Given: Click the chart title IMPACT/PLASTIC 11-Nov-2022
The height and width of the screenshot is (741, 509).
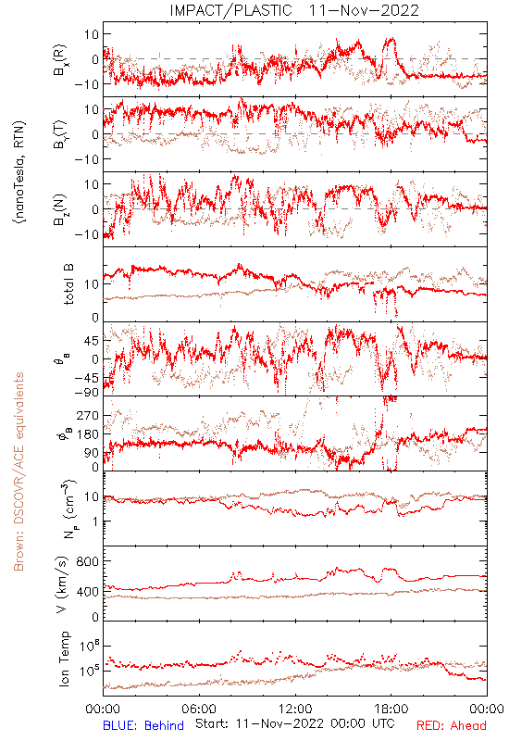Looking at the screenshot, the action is coord(294,10).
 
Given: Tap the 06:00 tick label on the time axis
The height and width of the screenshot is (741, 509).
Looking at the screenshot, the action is coord(199,709).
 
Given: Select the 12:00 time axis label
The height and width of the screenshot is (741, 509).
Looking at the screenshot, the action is coord(295,709).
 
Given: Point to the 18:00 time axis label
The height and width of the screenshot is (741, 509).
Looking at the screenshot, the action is coord(391,709).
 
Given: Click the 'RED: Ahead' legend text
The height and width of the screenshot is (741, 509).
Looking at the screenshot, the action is coord(451,725).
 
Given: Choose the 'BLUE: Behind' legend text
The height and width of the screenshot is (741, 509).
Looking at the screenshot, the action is coord(143,725).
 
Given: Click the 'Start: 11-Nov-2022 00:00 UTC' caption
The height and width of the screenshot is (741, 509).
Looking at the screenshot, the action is coord(295,723).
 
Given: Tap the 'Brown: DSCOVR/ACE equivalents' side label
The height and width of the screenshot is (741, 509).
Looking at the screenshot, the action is coord(19,471).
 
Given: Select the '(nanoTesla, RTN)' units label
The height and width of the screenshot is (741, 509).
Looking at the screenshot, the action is coord(19,171).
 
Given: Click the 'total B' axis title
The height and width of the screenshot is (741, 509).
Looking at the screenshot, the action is coord(68,284).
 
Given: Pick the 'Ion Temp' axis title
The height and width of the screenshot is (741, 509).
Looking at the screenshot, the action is coord(64,659).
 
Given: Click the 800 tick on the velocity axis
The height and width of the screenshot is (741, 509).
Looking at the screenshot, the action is coord(87,561).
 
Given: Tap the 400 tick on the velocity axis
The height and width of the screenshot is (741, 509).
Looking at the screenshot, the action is coord(87,591).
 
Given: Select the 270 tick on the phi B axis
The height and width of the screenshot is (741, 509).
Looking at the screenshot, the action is coord(87,415).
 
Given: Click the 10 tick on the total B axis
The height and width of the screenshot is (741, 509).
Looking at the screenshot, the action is coord(92,284).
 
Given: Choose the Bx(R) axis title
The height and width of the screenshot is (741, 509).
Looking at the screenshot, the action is coord(61,60).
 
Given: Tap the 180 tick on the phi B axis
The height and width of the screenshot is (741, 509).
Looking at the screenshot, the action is coord(87,433).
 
